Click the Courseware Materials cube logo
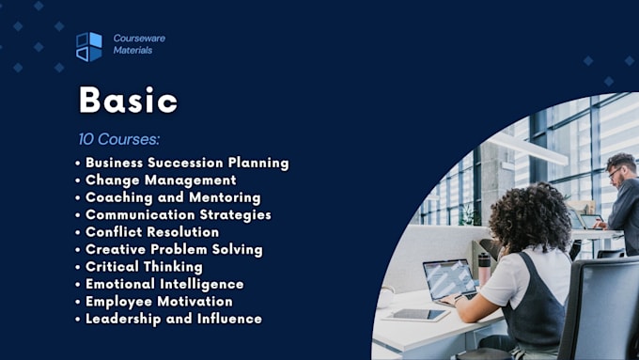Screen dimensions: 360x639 coord(88,46)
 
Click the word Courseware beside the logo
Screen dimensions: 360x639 coord(138,39)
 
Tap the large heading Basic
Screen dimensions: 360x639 coord(128,101)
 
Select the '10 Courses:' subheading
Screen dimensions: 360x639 coord(119,139)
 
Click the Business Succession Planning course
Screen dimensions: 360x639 coord(186,163)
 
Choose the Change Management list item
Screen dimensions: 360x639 coord(160,180)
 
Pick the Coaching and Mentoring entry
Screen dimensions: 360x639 coord(172,197)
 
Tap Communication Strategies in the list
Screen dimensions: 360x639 coord(178,214)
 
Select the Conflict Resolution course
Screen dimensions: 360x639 coord(151,232)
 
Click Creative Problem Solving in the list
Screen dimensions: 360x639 coord(173,249)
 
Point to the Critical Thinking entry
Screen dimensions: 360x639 coord(143,267)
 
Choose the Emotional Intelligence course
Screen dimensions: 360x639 coord(164,284)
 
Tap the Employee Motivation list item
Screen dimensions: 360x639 coord(158,302)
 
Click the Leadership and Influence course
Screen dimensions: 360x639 coord(173,319)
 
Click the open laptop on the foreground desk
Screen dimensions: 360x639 coord(449,280)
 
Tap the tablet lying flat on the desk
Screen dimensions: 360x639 coord(413,315)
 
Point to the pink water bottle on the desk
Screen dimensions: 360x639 coord(484,268)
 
